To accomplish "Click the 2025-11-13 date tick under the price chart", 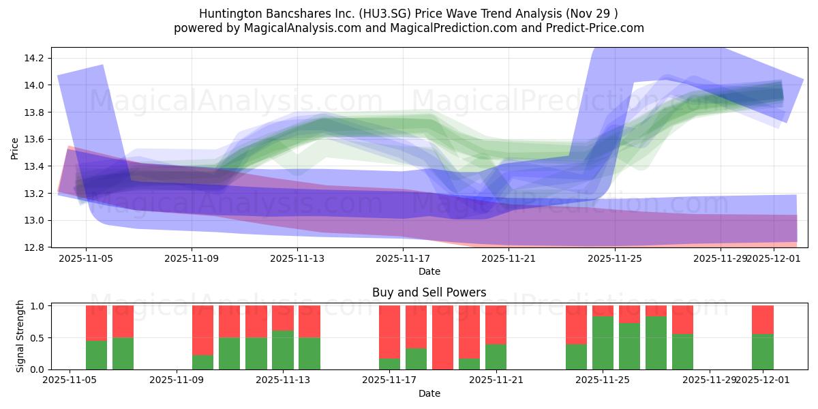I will pos(297,259).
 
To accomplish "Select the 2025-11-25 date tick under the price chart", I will pos(615,259).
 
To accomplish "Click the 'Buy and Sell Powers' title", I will pos(429,292).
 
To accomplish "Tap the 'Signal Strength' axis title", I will pos(20,336).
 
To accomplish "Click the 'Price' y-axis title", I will pos(15,148).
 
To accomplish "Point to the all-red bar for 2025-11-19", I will pos(442,337).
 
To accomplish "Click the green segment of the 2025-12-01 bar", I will pos(762,352).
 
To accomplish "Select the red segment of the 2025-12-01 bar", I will pos(762,319).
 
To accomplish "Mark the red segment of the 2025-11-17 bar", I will pos(389,332).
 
